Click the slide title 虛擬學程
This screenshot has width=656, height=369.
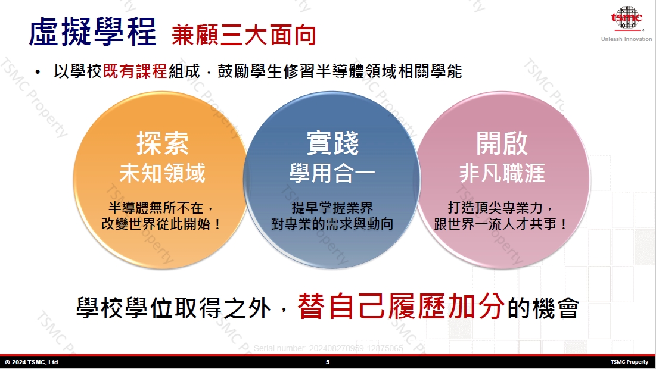coord(92,32)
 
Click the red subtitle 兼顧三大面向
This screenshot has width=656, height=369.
coord(244,35)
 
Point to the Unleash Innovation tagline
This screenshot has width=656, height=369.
coord(626,39)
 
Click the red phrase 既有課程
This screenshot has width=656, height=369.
coord(135,71)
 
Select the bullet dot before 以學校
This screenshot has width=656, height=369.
coord(38,73)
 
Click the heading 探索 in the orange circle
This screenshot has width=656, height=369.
coord(162,143)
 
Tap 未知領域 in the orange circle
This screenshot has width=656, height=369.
coord(162,173)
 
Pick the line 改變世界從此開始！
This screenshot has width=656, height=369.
coord(161,224)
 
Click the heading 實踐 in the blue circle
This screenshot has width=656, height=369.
coord(332,143)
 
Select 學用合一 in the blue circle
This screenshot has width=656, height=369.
coord(332,173)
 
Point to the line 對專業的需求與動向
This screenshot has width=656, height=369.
coord(332,224)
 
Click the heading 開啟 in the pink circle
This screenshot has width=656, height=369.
coord(502,143)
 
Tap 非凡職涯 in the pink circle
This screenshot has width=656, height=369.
coord(502,173)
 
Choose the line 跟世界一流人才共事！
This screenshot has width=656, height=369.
coord(501,224)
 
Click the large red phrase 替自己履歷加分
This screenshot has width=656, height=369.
coord(401,307)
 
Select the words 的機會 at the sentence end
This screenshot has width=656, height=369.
coord(543,308)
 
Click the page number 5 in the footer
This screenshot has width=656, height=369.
coord(328,362)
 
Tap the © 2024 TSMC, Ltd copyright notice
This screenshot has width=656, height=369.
coord(32,362)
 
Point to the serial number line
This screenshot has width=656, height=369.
coord(328,348)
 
